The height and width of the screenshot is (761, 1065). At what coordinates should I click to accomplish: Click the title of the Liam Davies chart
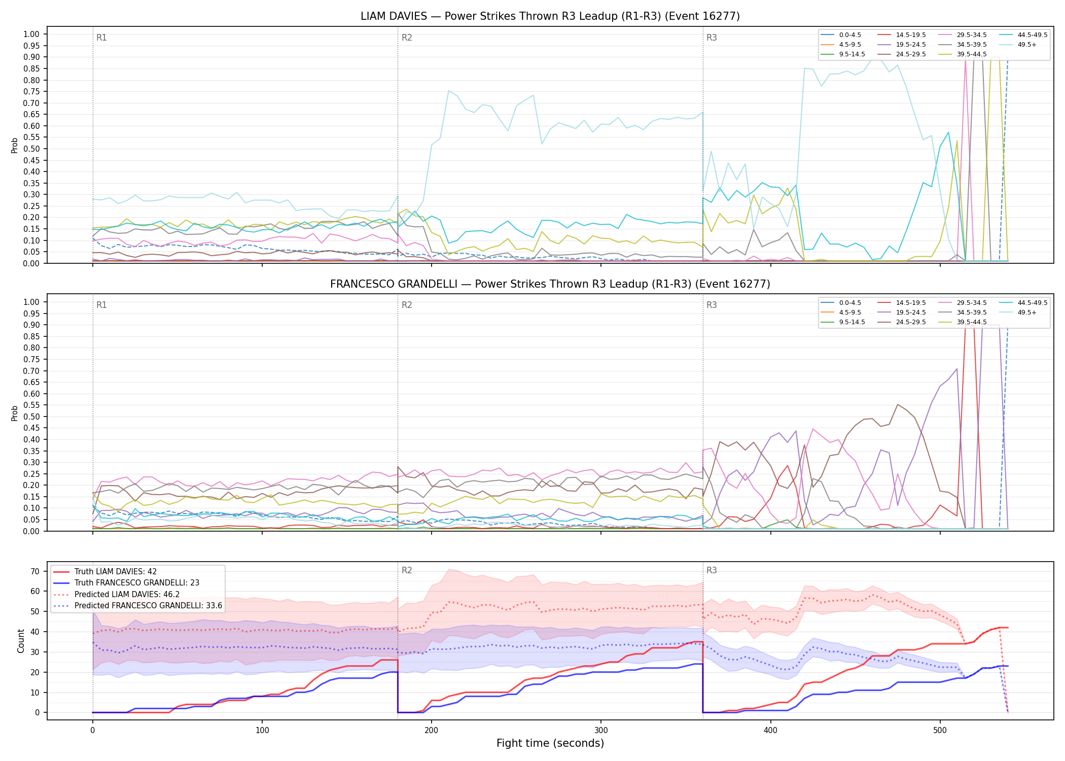pyautogui.click(x=550, y=16)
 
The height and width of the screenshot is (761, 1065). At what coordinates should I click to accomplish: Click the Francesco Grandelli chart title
pyautogui.click(x=550, y=284)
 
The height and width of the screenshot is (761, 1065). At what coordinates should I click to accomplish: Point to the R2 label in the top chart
pyautogui.click(x=407, y=38)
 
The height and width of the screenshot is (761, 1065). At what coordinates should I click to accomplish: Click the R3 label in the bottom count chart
pyautogui.click(x=712, y=570)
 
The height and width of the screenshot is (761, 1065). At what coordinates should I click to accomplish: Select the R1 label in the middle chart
pyautogui.click(x=101, y=305)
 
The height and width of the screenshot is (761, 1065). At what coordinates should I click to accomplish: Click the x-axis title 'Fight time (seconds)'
pyautogui.click(x=550, y=743)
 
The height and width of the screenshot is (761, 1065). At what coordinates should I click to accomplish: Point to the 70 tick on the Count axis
pyautogui.click(x=35, y=571)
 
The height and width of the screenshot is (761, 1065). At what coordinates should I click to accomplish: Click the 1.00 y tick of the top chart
pyautogui.click(x=31, y=34)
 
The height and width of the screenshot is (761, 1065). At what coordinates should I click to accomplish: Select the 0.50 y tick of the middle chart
pyautogui.click(x=31, y=417)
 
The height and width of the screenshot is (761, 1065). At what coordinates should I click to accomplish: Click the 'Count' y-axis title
pyautogui.click(x=21, y=641)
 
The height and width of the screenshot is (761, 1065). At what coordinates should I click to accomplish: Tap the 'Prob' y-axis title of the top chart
pyautogui.click(x=15, y=145)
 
